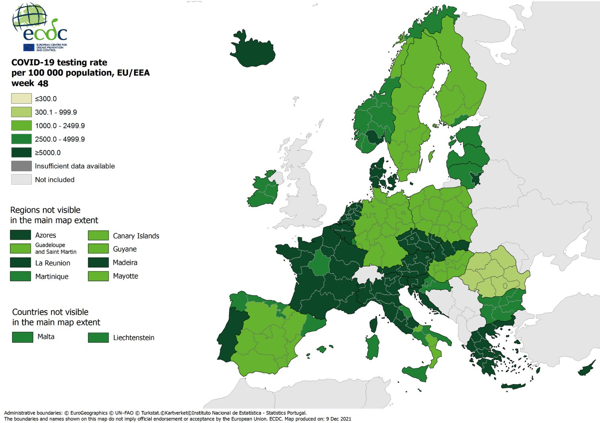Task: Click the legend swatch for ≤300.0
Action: (21, 99)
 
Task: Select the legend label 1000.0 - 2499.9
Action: (60, 126)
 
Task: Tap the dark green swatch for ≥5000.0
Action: (21, 152)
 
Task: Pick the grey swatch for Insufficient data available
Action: (21, 166)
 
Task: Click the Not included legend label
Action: (55, 180)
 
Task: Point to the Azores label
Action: (45, 235)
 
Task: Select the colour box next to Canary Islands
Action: (98, 235)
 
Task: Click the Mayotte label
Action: (125, 276)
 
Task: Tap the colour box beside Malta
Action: (22, 337)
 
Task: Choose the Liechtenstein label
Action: (133, 338)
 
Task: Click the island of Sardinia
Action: (373, 347)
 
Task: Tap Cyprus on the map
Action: (586, 369)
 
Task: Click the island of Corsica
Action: (373, 324)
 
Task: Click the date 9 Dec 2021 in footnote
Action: (338, 419)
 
